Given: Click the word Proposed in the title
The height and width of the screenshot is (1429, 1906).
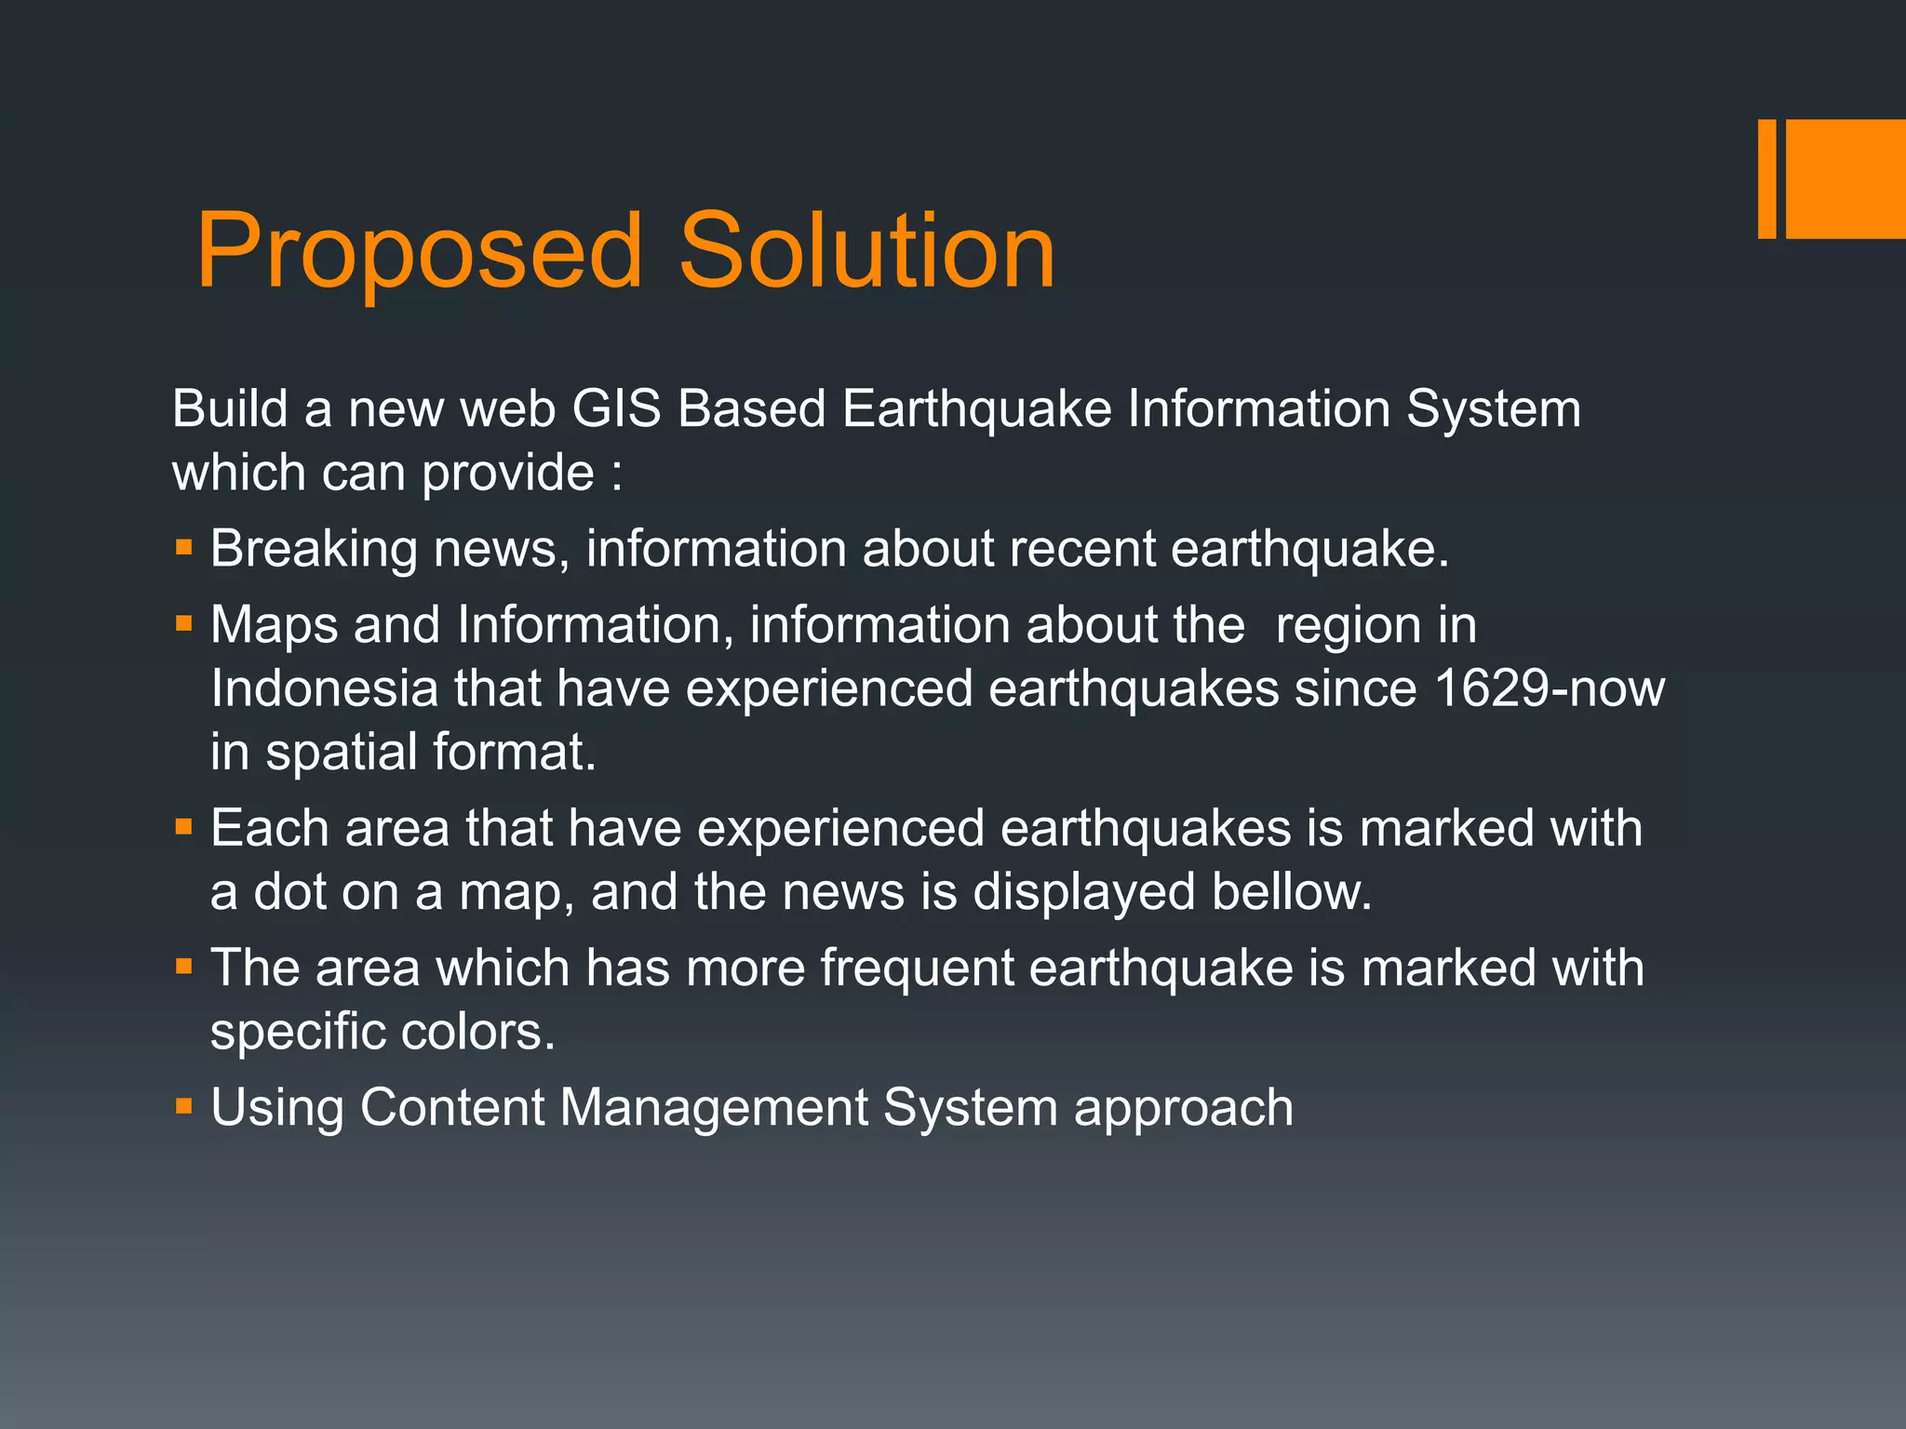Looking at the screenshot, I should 419,251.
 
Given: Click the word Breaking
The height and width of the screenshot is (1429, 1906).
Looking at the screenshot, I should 313,549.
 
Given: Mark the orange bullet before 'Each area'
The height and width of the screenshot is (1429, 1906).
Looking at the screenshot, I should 183,825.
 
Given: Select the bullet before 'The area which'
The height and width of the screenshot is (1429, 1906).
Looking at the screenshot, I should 183,966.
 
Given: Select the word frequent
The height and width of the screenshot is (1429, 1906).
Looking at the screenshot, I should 917,968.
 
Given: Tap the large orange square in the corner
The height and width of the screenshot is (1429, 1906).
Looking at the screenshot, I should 1846,179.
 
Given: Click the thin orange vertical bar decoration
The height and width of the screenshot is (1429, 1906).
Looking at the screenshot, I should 1766,179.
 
